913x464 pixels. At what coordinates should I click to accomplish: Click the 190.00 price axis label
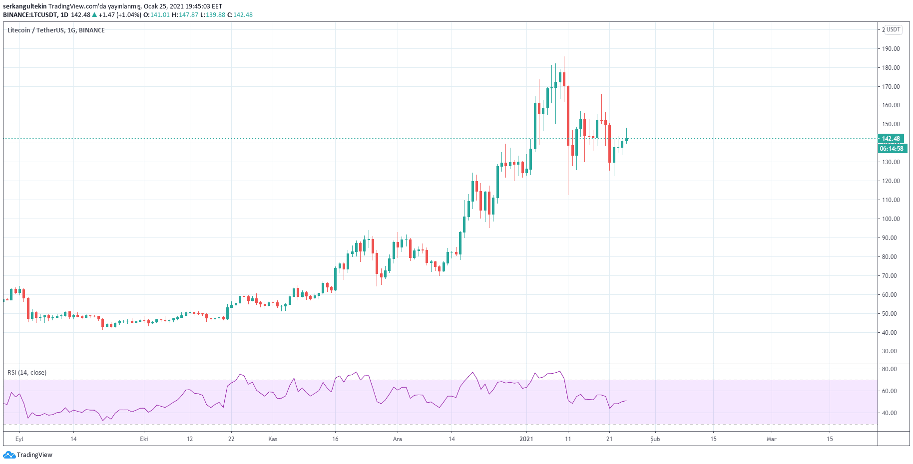(x=891, y=49)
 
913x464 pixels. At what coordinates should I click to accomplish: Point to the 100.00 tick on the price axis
(x=891, y=219)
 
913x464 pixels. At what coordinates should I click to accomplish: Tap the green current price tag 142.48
(x=891, y=139)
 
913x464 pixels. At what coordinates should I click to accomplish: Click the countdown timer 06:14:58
(x=892, y=149)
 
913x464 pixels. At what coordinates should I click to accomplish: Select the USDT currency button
(x=894, y=29)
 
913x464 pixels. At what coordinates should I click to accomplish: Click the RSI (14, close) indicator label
(x=27, y=373)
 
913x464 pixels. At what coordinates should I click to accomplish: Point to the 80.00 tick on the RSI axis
(x=890, y=369)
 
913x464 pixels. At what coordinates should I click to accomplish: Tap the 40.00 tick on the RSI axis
(x=890, y=413)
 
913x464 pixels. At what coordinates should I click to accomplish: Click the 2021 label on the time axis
(x=526, y=439)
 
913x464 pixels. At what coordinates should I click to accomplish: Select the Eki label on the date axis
(x=144, y=439)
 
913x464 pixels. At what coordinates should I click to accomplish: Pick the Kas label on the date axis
(x=273, y=439)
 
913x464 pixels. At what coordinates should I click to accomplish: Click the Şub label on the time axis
(x=655, y=439)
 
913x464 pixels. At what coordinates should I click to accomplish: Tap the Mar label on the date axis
(x=772, y=439)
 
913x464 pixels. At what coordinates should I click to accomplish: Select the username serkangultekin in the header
(x=24, y=6)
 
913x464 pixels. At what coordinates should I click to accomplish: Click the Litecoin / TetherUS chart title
(x=56, y=30)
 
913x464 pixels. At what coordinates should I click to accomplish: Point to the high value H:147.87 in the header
(x=185, y=15)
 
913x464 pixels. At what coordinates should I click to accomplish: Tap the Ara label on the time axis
(x=398, y=439)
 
